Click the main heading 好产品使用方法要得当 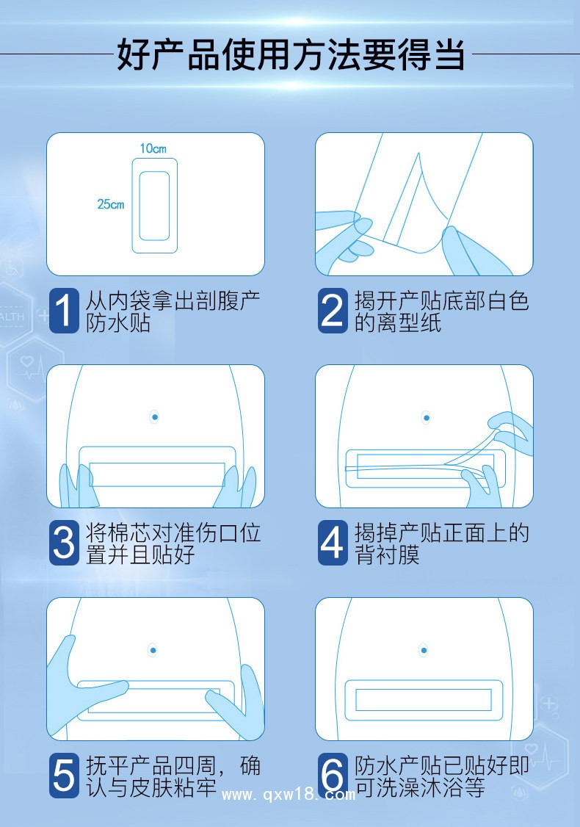click(x=290, y=56)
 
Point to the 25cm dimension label click(x=111, y=204)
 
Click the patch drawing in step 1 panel click(x=154, y=206)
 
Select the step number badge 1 click(x=64, y=310)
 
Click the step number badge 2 click(x=333, y=310)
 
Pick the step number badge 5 click(x=64, y=776)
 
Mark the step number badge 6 click(x=333, y=776)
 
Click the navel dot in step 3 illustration click(x=155, y=417)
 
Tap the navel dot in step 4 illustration click(x=425, y=418)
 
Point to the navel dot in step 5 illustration click(x=152, y=650)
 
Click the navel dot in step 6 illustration click(x=424, y=651)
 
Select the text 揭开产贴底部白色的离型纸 click(x=441, y=311)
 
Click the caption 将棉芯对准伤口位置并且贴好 click(x=173, y=543)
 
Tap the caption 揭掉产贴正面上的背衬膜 click(x=441, y=543)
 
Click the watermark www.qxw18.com click(x=289, y=795)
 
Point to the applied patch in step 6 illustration click(x=424, y=699)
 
